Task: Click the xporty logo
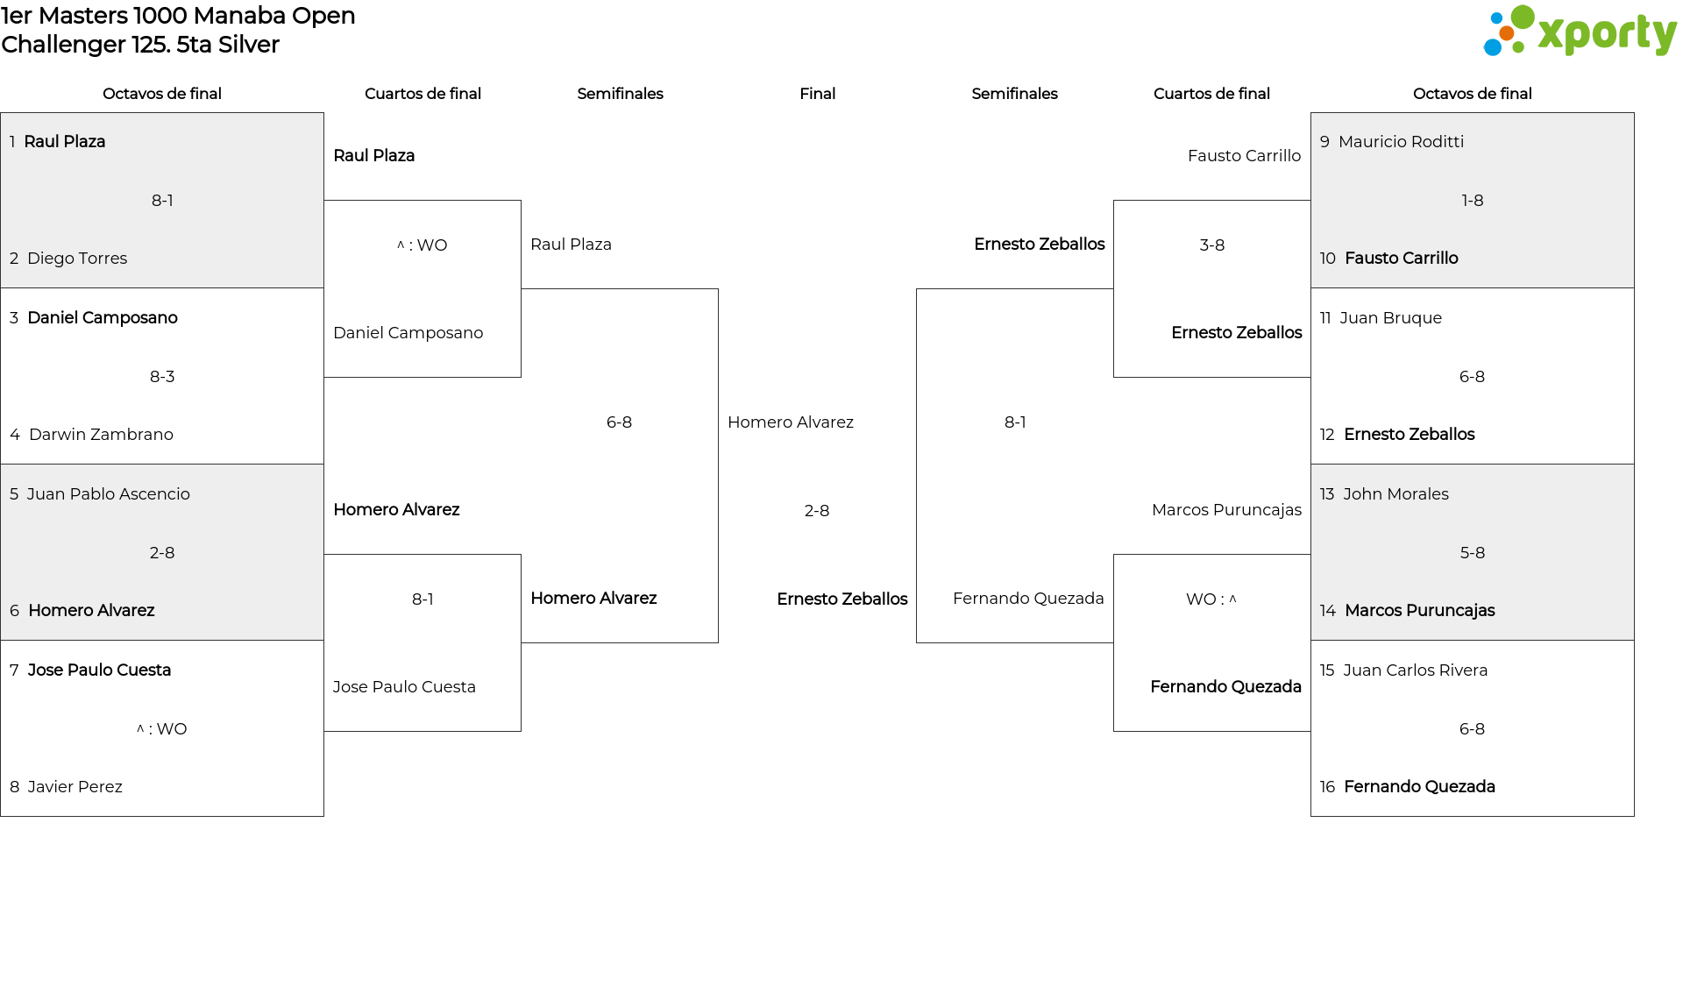[1580, 32]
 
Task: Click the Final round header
[817, 94]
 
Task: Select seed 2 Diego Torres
[77, 259]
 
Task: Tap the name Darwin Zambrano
[101, 435]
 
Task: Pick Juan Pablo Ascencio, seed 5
[108, 494]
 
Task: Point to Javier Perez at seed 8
[75, 787]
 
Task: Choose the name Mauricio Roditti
[1401, 142]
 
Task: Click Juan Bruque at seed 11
[1390, 318]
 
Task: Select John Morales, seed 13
[1395, 494]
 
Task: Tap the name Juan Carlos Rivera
[1415, 670]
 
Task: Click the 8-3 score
[162, 377]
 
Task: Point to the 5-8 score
[1473, 553]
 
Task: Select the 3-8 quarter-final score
[1212, 245]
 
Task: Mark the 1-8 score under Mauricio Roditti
[1473, 201]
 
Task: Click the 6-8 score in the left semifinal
[619, 422]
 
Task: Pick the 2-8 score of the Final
[817, 511]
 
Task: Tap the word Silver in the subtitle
[249, 45]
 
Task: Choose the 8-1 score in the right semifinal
[1015, 422]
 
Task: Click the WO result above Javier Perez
[162, 729]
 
